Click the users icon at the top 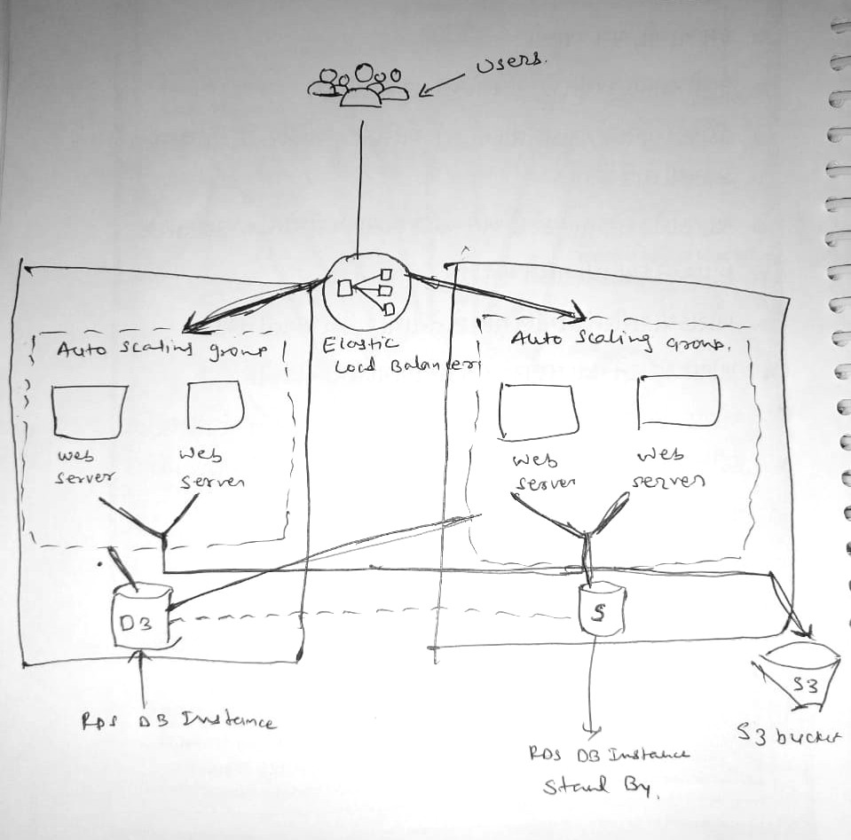coord(359,85)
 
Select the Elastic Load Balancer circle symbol coord(365,290)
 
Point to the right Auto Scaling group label coord(625,342)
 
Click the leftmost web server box coord(88,411)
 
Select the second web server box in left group coord(216,404)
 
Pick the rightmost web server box coord(678,400)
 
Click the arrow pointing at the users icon coord(443,84)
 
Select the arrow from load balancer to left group coord(248,302)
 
